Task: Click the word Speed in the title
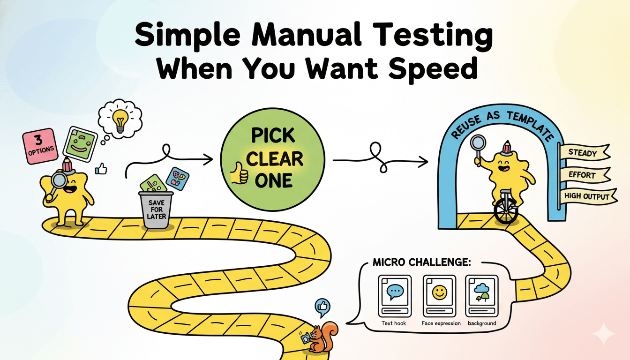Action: pyautogui.click(x=433, y=68)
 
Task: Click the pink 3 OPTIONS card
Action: pyautogui.click(x=40, y=146)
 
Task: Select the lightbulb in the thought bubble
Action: pyautogui.click(x=120, y=121)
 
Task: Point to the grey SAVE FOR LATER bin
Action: pyautogui.click(x=156, y=209)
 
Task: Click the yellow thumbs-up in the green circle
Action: pyautogui.click(x=239, y=173)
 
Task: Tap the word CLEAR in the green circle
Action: pyautogui.click(x=275, y=158)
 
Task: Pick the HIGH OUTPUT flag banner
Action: pyautogui.click(x=588, y=196)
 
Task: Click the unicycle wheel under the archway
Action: pyautogui.click(x=506, y=211)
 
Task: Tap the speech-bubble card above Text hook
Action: pyautogui.click(x=395, y=296)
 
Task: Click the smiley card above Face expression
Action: pyautogui.click(x=440, y=296)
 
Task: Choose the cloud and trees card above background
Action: pyautogui.click(x=482, y=296)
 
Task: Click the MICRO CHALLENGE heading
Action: pyautogui.click(x=422, y=262)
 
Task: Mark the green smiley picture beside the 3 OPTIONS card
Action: pyautogui.click(x=80, y=144)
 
